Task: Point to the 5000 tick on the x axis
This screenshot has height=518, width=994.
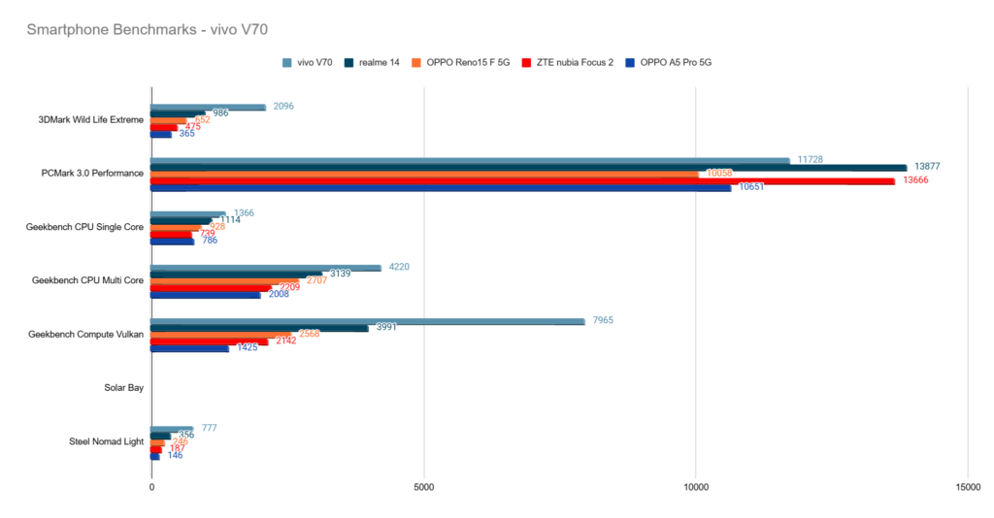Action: (x=423, y=486)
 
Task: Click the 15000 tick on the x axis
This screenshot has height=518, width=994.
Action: (x=967, y=486)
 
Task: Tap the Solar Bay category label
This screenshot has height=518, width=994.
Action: (x=124, y=388)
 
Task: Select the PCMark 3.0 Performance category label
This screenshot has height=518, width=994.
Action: (x=93, y=174)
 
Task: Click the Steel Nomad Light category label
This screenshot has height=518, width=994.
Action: (x=107, y=441)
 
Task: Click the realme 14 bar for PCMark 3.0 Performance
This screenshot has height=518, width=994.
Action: (x=529, y=168)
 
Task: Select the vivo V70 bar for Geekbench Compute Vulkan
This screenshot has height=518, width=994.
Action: (x=368, y=321)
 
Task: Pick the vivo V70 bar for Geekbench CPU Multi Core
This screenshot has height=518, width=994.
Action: (x=266, y=268)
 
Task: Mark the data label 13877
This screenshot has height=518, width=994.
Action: (x=928, y=167)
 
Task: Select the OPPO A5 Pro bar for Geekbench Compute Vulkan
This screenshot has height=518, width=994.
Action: (x=190, y=347)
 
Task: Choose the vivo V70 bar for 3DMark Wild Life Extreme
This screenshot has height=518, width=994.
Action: (x=209, y=108)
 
